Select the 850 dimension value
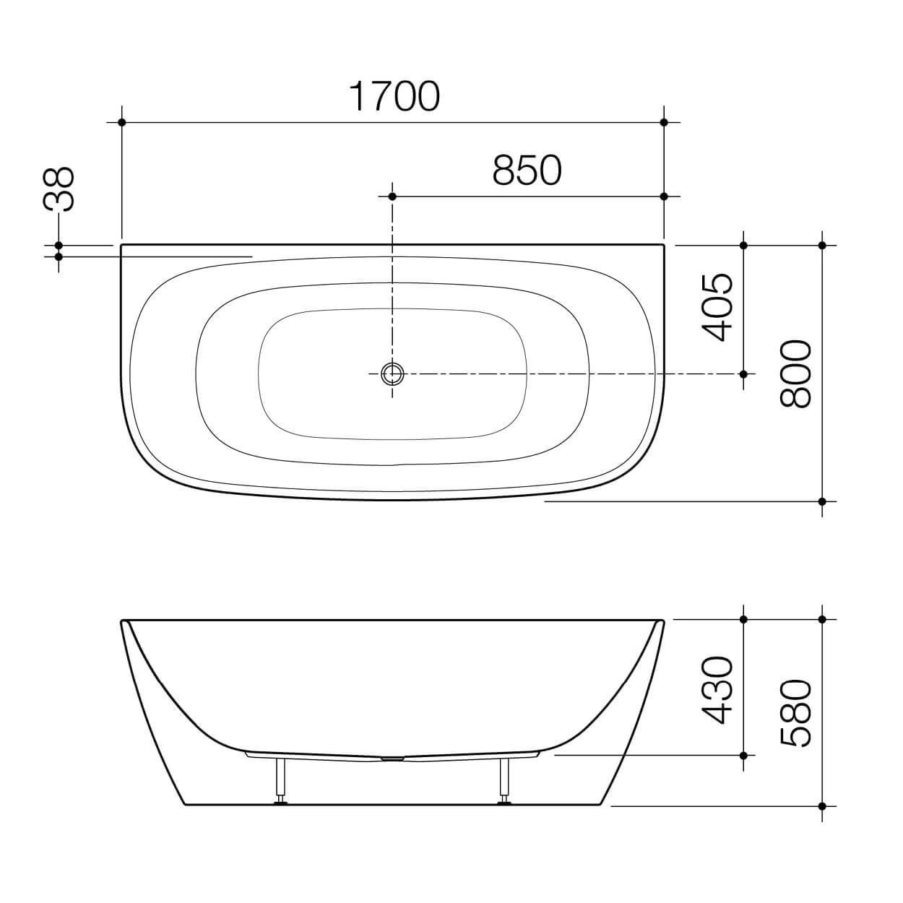(x=527, y=170)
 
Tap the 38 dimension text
(x=60, y=189)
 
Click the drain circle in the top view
(x=392, y=373)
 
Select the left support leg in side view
(x=280, y=779)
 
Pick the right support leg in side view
(x=504, y=779)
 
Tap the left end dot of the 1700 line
(x=121, y=122)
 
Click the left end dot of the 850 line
(x=392, y=196)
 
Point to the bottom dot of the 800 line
(x=822, y=501)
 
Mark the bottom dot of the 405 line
(x=743, y=373)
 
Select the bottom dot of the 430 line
(x=743, y=755)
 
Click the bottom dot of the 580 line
(x=822, y=805)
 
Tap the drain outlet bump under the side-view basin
(x=392, y=759)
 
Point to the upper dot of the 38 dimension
(x=59, y=246)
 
